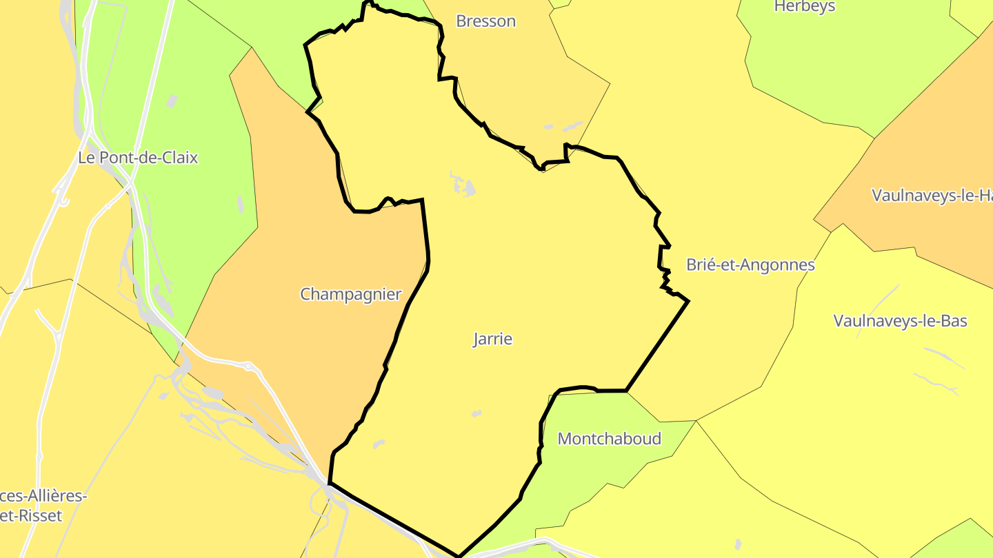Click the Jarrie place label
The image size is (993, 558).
(492, 339)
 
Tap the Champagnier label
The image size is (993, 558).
(350, 294)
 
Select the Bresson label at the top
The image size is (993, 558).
(485, 21)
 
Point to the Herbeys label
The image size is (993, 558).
(804, 7)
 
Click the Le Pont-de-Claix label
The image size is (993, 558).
(138, 158)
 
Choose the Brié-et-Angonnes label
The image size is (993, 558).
(750, 265)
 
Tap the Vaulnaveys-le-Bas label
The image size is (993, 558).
(900, 321)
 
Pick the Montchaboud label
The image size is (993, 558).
(609, 439)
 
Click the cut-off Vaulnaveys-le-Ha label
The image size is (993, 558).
(932, 196)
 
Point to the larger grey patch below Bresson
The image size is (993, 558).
(572, 127)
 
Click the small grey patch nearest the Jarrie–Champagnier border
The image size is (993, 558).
(378, 444)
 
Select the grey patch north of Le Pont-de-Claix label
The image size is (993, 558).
(172, 101)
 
